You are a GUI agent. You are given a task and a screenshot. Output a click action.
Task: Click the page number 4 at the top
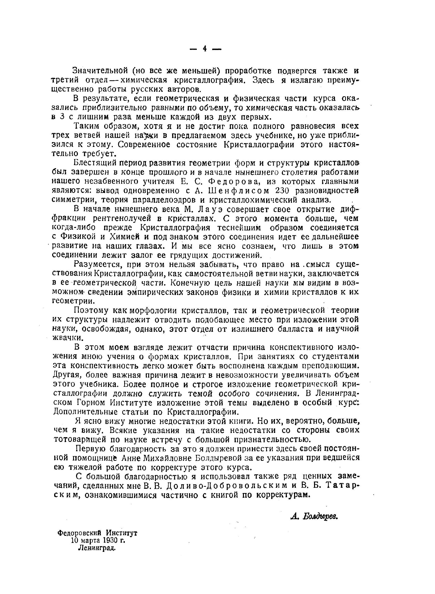205,49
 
